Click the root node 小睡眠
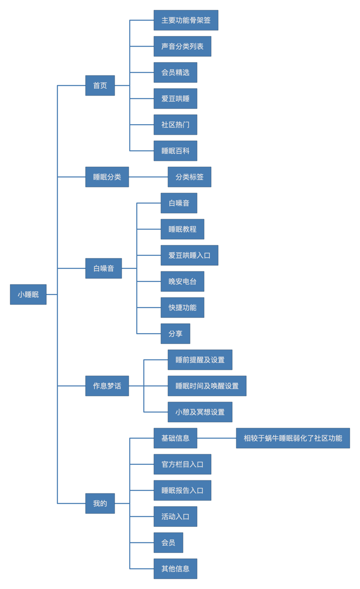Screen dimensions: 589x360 click(28, 294)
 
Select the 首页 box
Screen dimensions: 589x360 click(100, 85)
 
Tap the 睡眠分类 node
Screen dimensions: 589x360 click(107, 177)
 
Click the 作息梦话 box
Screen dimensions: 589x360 click(107, 386)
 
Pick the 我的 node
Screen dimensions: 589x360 click(100, 504)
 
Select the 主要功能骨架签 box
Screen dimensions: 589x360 click(186, 20)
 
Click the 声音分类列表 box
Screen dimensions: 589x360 click(183, 46)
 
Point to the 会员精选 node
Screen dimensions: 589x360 click(175, 72)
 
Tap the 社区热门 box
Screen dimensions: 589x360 click(175, 125)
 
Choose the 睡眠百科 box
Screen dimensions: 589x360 click(175, 151)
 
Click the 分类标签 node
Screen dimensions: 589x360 click(190, 177)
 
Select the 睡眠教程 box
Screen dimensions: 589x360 click(183, 229)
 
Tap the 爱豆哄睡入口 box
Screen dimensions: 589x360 click(190, 255)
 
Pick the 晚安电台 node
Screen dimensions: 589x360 click(183, 281)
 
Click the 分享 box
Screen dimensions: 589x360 click(175, 334)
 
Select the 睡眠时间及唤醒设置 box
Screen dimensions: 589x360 click(207, 386)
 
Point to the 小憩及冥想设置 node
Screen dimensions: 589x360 click(200, 412)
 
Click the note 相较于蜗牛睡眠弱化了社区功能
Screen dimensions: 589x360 click(293, 438)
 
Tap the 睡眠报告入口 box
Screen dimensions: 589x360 click(183, 490)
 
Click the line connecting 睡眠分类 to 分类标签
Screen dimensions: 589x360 click(148, 177)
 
